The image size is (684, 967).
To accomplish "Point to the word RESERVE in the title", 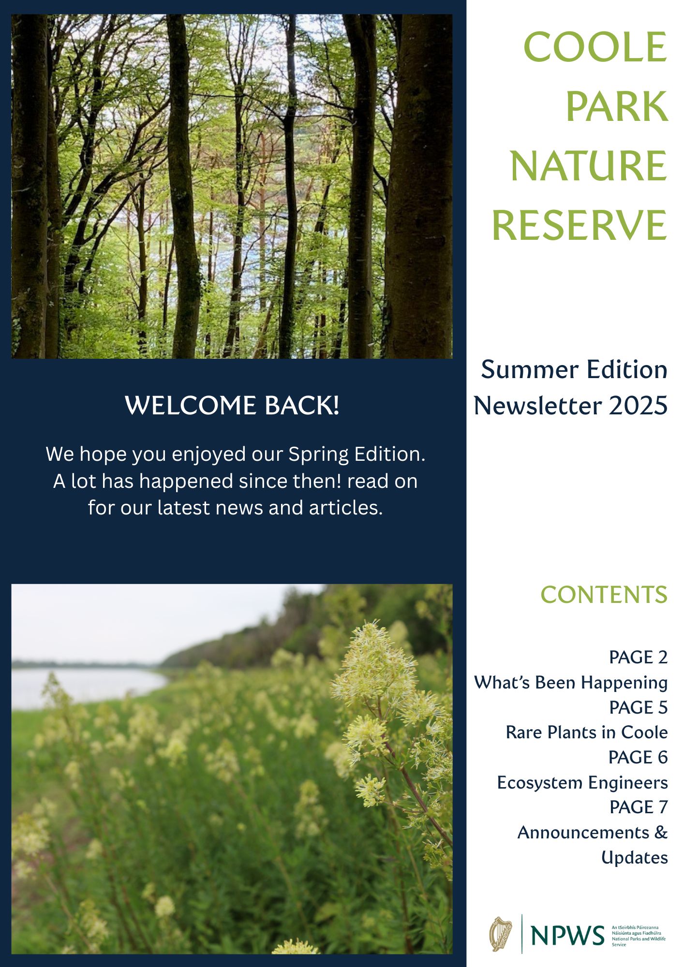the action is click(x=580, y=225).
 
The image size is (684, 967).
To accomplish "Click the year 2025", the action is click(x=638, y=405).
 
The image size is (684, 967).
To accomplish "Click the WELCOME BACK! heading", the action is click(x=232, y=405).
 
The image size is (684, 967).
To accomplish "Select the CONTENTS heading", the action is click(x=604, y=595).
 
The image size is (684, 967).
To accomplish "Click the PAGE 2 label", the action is click(x=639, y=657).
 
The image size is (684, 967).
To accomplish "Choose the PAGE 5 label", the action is click(x=639, y=707).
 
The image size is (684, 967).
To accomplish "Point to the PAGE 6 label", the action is click(x=639, y=757).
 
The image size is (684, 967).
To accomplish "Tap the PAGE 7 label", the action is click(x=639, y=807).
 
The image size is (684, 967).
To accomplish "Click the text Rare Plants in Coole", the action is click(x=587, y=732).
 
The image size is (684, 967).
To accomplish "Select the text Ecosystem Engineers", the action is click(x=582, y=783).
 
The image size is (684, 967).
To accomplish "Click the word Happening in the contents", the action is click(x=625, y=683).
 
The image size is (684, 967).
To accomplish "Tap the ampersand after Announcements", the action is click(x=661, y=832).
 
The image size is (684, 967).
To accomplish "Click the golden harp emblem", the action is click(x=501, y=934).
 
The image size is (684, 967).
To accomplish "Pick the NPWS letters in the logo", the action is click(x=567, y=936).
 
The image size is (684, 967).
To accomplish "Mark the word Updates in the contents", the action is click(x=635, y=858).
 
